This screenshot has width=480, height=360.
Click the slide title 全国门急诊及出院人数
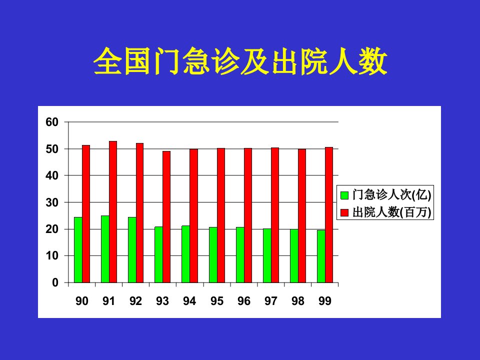tap(240, 61)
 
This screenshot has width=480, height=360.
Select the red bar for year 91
tap(113, 212)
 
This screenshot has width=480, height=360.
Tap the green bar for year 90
tap(78, 250)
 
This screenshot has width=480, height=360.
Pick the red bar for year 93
tap(166, 216)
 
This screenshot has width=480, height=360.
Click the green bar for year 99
tap(321, 256)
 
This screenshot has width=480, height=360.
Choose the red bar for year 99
tap(329, 215)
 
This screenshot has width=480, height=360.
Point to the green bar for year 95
tap(213, 254)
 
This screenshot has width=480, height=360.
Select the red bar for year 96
tap(248, 215)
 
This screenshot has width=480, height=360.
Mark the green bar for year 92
tap(132, 250)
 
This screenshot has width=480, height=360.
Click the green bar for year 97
tap(267, 255)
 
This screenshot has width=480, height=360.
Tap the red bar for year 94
tap(194, 216)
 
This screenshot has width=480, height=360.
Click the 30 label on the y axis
tap(51, 202)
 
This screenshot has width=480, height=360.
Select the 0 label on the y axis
tap(55, 282)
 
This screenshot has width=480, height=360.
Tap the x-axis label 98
tap(298, 301)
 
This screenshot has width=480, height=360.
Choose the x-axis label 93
tap(162, 301)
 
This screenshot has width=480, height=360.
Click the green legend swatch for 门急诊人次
tap(344, 195)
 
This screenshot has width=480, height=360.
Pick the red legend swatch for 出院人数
tap(344, 212)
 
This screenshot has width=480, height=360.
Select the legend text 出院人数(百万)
tap(392, 212)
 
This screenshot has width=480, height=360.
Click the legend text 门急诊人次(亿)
tap(392, 194)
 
